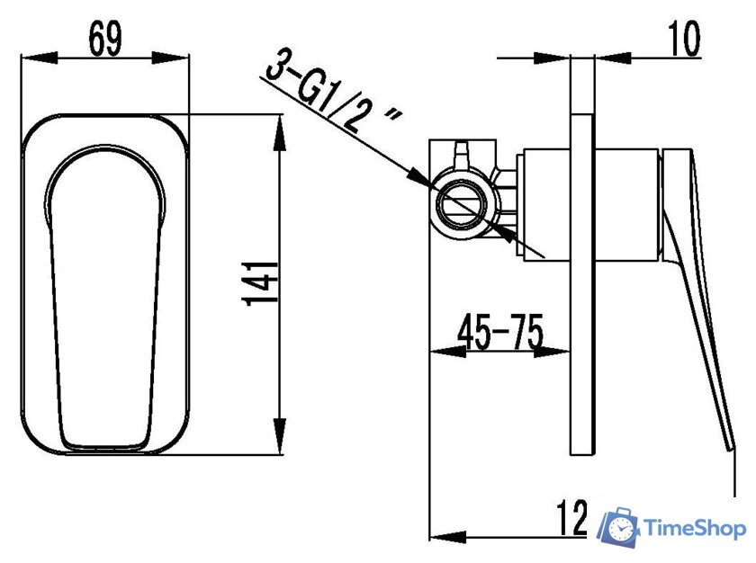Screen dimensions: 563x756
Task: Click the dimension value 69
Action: [x=106, y=40]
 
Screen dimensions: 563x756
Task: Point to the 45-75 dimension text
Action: [x=500, y=332]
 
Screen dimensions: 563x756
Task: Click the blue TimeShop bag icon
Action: [x=619, y=527]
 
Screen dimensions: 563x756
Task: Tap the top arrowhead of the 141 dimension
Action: [x=280, y=126]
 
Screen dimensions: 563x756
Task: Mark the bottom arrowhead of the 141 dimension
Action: [x=280, y=446]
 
